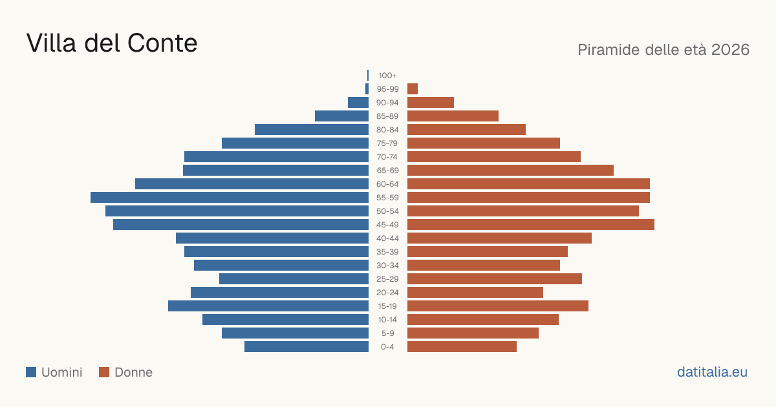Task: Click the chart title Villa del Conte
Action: tap(111, 43)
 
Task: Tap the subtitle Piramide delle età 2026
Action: tap(663, 50)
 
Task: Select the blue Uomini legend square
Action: tap(31, 372)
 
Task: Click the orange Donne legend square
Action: tap(104, 372)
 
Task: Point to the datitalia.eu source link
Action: tap(712, 372)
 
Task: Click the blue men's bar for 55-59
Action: tap(230, 197)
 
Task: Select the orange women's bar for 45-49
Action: tap(531, 225)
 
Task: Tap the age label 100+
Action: tap(387, 76)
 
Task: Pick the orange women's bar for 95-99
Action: tap(413, 89)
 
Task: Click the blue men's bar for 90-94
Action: tap(358, 103)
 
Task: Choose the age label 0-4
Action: tap(387, 347)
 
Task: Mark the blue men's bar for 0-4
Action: tap(307, 347)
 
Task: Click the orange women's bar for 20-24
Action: tap(475, 293)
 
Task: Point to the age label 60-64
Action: tap(387, 183)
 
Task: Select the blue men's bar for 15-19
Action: tap(268, 306)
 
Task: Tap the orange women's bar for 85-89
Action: tap(453, 116)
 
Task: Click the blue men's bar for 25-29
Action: tap(294, 279)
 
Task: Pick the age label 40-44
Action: tap(387, 238)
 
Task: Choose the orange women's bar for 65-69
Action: tap(510, 171)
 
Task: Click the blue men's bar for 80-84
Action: tap(312, 129)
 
